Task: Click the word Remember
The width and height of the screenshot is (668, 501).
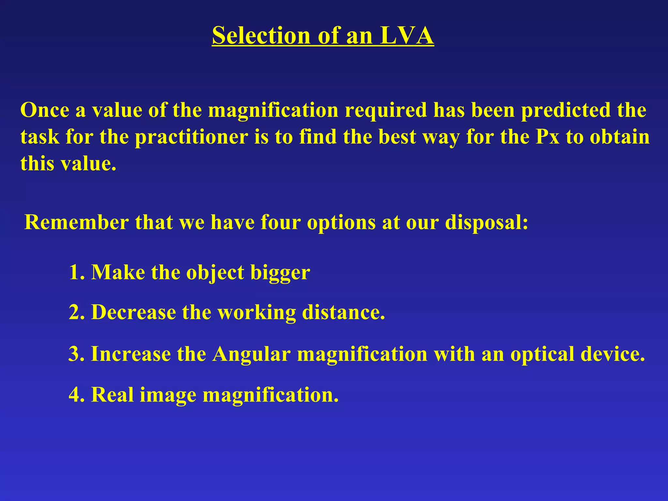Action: pos(77,222)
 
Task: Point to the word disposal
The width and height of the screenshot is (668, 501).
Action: pos(486,223)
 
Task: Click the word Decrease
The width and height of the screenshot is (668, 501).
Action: pos(133,312)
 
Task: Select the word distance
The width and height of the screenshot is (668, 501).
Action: pos(343,312)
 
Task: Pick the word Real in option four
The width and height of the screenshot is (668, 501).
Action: pos(112,395)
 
